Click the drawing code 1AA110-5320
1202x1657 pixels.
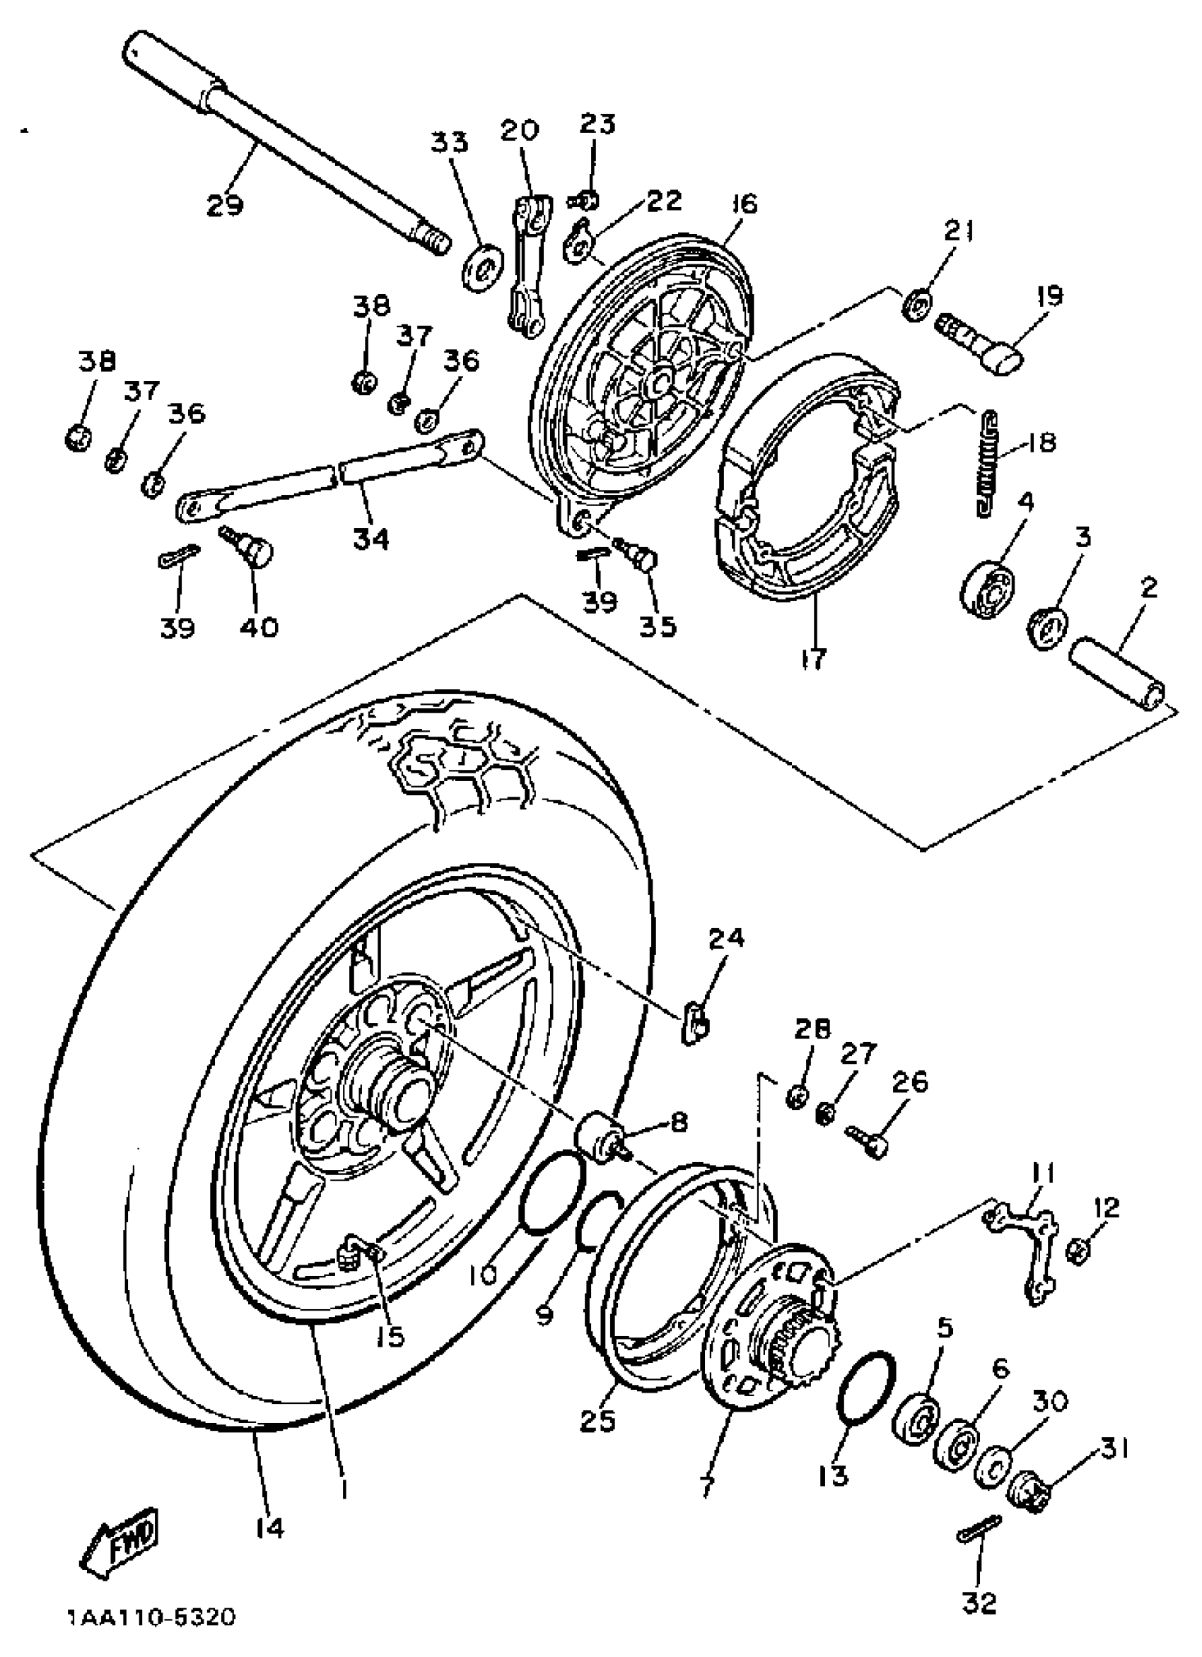(x=152, y=1617)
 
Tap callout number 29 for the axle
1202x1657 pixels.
(x=224, y=205)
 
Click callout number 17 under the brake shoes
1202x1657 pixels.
(x=812, y=658)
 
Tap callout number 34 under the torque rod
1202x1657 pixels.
(x=371, y=539)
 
